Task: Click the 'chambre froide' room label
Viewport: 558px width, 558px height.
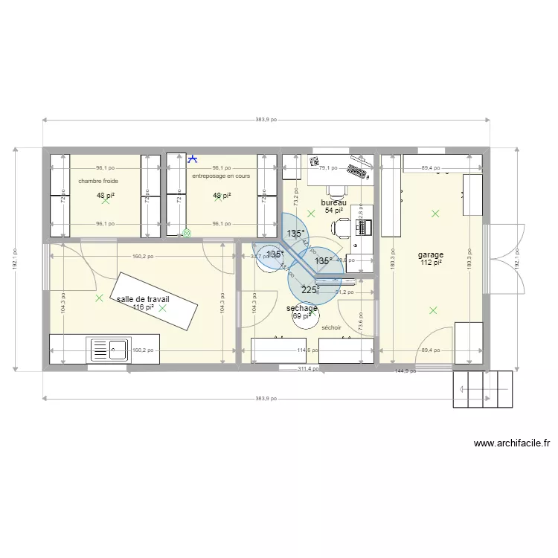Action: click(x=98, y=181)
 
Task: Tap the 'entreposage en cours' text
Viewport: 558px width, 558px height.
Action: click(x=221, y=176)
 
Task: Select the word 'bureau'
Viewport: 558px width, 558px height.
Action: click(x=333, y=202)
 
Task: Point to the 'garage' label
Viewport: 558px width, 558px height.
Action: click(x=431, y=254)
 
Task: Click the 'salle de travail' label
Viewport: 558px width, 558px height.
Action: click(x=148, y=299)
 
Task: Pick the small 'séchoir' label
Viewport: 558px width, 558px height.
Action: click(x=331, y=327)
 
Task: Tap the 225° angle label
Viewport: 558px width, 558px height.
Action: click(x=310, y=289)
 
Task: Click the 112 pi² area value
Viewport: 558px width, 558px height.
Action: click(x=431, y=262)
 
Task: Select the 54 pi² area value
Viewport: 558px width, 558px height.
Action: click(x=333, y=211)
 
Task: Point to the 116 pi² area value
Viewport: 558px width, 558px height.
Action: click(x=143, y=307)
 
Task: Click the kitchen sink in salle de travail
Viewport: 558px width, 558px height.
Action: click(x=109, y=348)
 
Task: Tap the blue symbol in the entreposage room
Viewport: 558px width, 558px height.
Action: click(x=193, y=158)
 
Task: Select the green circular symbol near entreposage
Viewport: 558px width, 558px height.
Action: click(x=187, y=232)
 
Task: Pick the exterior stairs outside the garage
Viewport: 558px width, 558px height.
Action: click(x=483, y=388)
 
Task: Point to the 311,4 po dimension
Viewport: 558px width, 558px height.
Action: click(x=309, y=368)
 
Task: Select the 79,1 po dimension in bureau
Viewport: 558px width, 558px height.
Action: click(x=328, y=168)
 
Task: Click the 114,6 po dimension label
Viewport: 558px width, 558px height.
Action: click(x=308, y=350)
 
